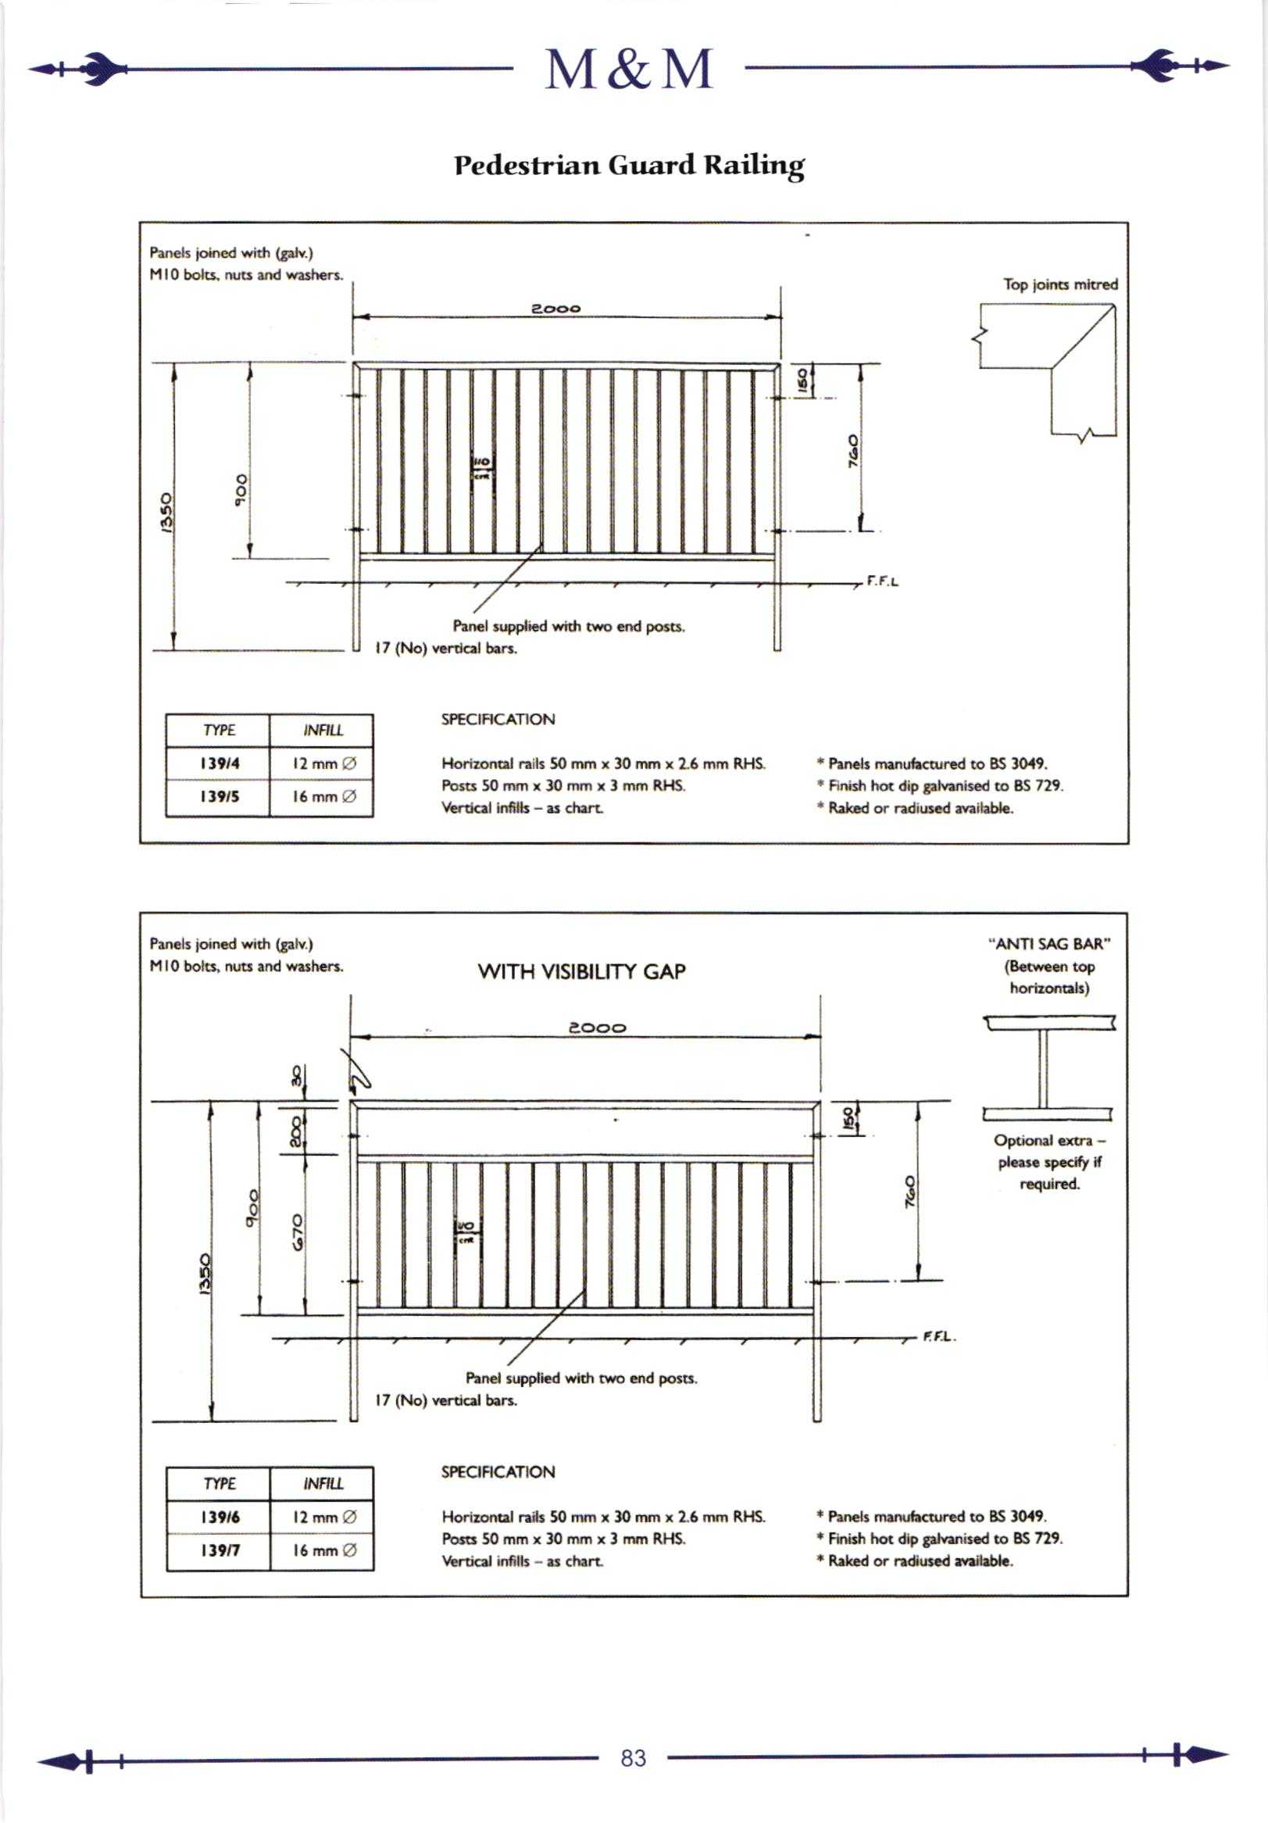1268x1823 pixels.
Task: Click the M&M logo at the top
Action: coord(629,69)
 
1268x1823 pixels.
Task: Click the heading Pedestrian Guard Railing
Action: coord(629,165)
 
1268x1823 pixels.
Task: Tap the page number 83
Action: coord(633,1758)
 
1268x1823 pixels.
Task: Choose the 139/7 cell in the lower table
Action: coord(219,1550)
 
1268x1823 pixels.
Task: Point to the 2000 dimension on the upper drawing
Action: coord(555,308)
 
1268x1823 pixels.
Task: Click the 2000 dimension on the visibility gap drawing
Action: coord(597,1028)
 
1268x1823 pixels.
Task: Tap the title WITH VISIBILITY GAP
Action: coord(581,972)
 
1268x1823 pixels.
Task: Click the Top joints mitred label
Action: coord(1060,284)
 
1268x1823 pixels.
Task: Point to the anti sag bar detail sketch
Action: coord(1048,1067)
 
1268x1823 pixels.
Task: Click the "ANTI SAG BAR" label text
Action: coord(1049,944)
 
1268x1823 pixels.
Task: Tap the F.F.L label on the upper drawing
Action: coord(882,581)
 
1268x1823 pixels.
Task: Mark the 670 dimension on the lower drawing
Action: coord(298,1231)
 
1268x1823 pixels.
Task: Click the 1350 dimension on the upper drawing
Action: coord(166,513)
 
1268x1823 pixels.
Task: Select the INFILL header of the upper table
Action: coord(323,731)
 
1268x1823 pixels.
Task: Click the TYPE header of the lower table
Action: coord(219,1483)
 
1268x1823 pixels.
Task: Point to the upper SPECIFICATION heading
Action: coord(498,720)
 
